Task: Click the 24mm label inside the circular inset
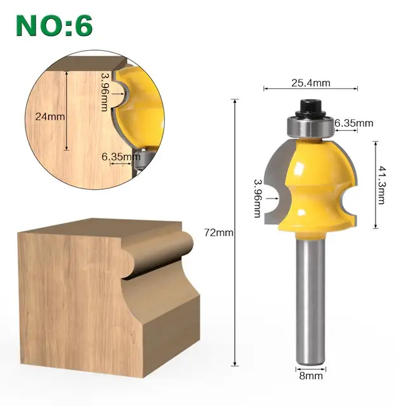[46, 116]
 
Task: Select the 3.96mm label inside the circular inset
[105, 91]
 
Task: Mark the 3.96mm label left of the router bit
[258, 197]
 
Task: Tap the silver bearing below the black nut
[310, 126]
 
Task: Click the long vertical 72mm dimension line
[235, 285]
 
